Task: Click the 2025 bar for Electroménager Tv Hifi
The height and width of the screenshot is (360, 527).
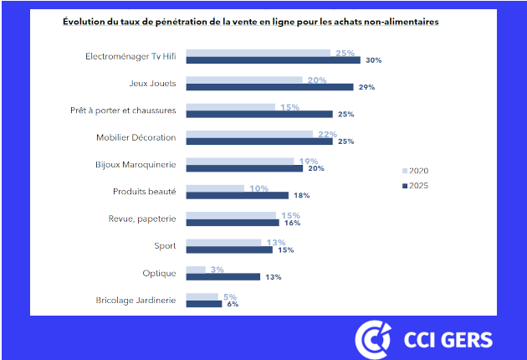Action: pyautogui.click(x=272, y=60)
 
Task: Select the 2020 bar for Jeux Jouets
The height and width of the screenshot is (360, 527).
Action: pyautogui.click(x=243, y=80)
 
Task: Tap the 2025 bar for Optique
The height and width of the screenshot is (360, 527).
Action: pyautogui.click(x=223, y=276)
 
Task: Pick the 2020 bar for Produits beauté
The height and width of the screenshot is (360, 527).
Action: pyautogui.click(x=214, y=188)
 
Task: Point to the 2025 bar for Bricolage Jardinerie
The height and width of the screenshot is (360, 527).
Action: pyautogui.click(x=203, y=304)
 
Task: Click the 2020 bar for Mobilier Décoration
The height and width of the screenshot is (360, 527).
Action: pyautogui.click(x=248, y=134)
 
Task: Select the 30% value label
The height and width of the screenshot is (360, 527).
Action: pyautogui.click(x=373, y=60)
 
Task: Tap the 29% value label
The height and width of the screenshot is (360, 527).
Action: pyautogui.click(x=366, y=87)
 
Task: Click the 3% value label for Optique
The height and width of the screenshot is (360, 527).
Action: pyautogui.click(x=217, y=269)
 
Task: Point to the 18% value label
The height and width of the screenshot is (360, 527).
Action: pyautogui.click(x=301, y=195)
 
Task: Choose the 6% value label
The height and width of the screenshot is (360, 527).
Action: pyautogui.click(x=233, y=304)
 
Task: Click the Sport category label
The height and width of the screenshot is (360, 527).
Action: pyautogui.click(x=166, y=245)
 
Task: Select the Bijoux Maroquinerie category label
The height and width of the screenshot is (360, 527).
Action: pyautogui.click(x=136, y=164)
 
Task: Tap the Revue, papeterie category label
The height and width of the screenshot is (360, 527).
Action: pyautogui.click(x=142, y=219)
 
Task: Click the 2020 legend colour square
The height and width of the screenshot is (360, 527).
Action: pyautogui.click(x=405, y=172)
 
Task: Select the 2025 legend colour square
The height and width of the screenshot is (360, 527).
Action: pyautogui.click(x=405, y=186)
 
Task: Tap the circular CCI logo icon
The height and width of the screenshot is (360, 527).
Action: pyautogui.click(x=372, y=339)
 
